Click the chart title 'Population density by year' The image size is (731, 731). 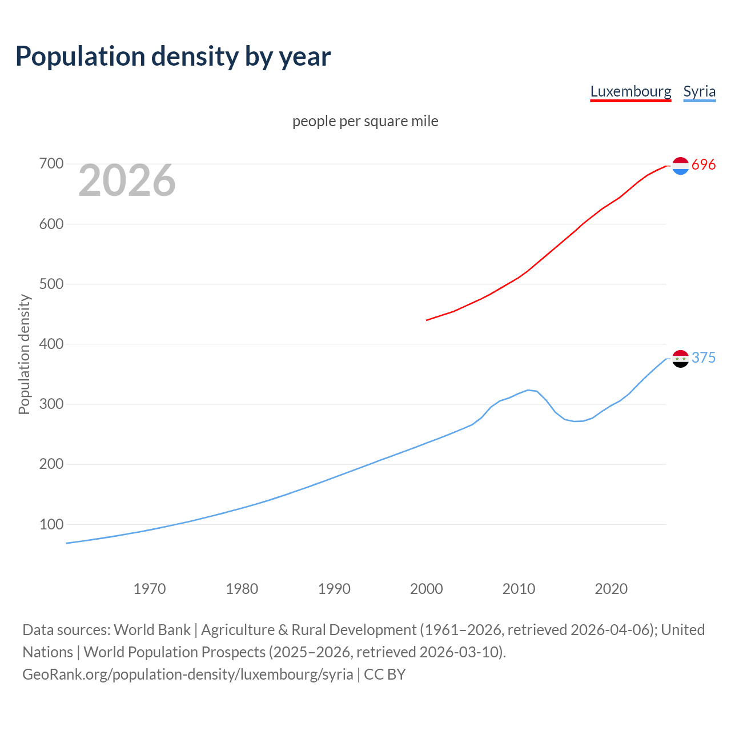coord(173,57)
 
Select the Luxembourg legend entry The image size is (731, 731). coord(630,91)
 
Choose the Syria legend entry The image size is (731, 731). coord(699,91)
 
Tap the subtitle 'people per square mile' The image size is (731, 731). coord(365,122)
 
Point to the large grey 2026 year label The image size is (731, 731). coord(127,180)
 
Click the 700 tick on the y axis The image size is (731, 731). coord(51,164)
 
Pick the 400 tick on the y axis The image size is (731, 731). coord(51,344)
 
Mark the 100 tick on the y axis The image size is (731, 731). coord(51,524)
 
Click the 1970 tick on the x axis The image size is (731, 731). coord(150,589)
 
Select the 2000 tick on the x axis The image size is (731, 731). coord(427,589)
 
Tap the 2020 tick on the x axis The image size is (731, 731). coord(611,589)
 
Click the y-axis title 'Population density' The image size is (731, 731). coord(24,354)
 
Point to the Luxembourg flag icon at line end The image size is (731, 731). coord(680,166)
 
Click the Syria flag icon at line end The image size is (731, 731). coord(680,359)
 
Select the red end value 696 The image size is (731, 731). coord(704,165)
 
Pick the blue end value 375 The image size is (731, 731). coord(704,358)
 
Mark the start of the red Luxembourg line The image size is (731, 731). coord(427,320)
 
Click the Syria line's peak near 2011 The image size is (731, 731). coord(528,390)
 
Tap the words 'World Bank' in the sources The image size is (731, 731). coord(152,630)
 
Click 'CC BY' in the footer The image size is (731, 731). coord(385,674)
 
